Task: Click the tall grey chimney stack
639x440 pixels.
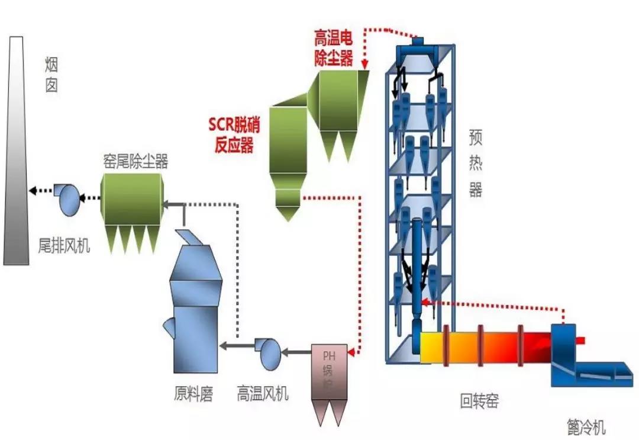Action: pyautogui.click(x=16, y=154)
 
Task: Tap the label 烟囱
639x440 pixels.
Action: pyautogui.click(x=52, y=74)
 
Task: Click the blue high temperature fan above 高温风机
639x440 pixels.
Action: pyautogui.click(x=268, y=352)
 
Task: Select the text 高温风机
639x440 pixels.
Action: pyautogui.click(x=263, y=393)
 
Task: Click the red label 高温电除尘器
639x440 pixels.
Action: pyautogui.click(x=333, y=49)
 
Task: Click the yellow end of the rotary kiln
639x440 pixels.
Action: pyautogui.click(x=431, y=346)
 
